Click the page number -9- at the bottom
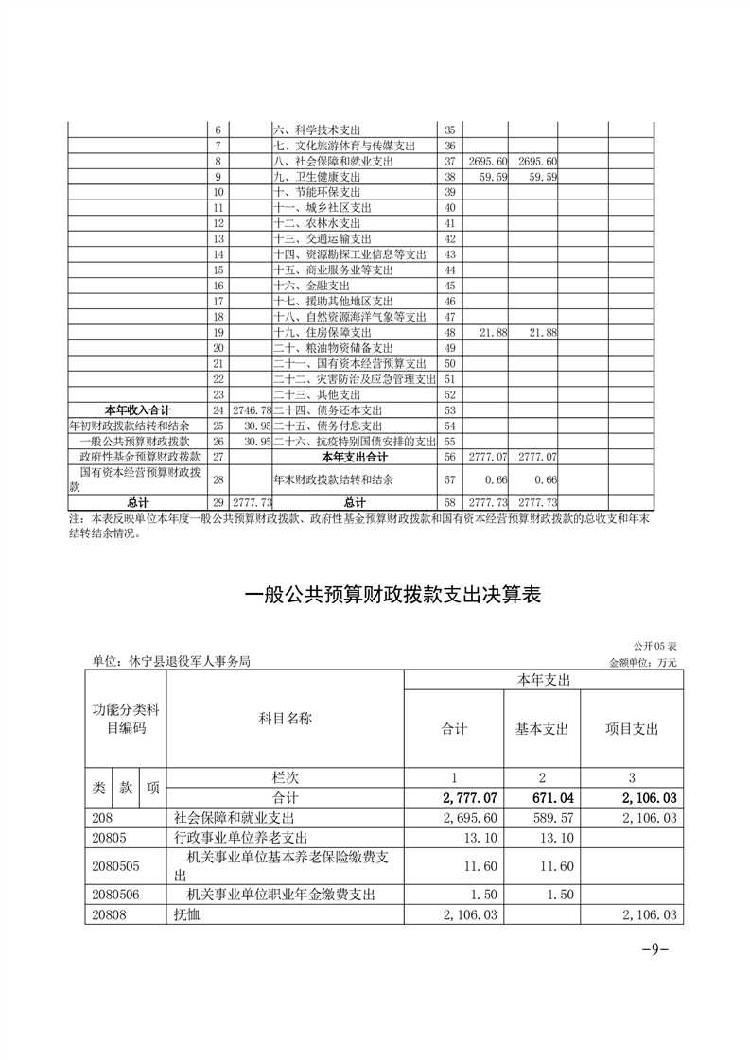[x=654, y=950]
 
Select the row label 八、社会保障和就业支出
[x=323, y=162]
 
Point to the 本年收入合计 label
[x=137, y=410]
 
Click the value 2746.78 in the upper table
[x=252, y=410]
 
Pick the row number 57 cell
[x=449, y=479]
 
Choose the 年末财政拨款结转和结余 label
[x=333, y=479]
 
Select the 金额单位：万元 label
[x=644, y=662]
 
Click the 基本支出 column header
[x=541, y=729]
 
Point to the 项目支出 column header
[x=632, y=729]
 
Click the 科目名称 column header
[x=285, y=720]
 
